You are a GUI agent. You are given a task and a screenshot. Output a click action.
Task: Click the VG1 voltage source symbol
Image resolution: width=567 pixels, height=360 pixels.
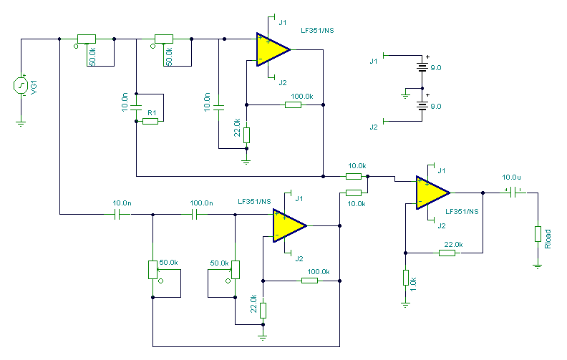[x=21, y=86]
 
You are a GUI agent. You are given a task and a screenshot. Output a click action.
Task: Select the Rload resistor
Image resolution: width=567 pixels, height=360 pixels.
[x=537, y=234]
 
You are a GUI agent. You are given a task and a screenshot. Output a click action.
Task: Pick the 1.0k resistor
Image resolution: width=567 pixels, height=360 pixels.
[x=405, y=278]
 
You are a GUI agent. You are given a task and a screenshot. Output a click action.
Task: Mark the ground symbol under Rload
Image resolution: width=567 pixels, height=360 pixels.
[x=537, y=266]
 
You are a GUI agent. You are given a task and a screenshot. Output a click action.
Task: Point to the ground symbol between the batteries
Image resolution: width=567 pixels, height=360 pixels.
[x=404, y=92]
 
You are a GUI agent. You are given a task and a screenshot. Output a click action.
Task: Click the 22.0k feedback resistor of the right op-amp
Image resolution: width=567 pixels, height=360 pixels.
[x=447, y=252]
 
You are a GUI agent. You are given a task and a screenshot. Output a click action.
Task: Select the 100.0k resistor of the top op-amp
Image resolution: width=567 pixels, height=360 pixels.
[x=293, y=104]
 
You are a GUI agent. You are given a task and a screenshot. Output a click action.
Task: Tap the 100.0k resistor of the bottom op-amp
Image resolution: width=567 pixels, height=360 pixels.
[x=309, y=280]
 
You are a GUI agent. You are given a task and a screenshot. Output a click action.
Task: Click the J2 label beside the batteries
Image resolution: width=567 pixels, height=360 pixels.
[x=373, y=127]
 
